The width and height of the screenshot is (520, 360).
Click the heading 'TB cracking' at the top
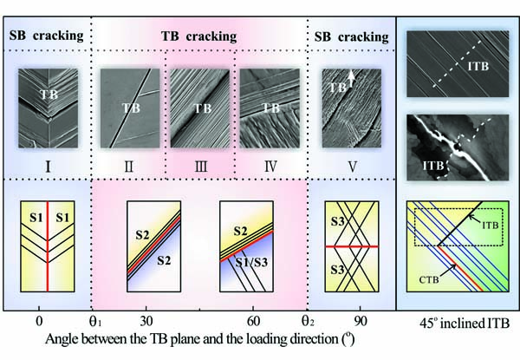(201, 37)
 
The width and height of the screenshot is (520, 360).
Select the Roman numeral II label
(130, 161)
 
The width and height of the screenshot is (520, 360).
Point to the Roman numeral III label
(201, 161)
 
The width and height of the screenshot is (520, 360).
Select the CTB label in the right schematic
(425, 278)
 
